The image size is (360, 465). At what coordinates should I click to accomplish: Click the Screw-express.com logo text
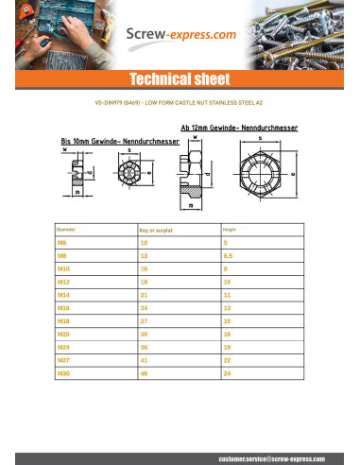[181, 36]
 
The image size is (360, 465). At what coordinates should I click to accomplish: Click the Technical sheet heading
[180, 77]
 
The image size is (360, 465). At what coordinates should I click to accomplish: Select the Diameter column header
[66, 230]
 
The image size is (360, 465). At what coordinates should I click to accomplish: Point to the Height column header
[229, 230]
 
